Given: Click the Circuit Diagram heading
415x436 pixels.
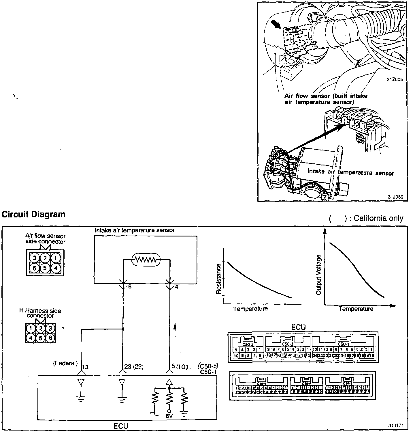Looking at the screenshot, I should point(34,215).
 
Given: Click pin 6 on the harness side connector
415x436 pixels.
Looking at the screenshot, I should point(50,337).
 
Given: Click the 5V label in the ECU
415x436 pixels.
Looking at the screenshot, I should point(169,417).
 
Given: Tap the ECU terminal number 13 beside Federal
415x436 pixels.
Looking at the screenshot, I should point(85,367).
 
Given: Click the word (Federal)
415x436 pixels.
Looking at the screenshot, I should point(65,363).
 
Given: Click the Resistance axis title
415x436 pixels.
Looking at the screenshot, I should point(219,279).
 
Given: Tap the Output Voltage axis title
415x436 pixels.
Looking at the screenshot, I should point(318,275).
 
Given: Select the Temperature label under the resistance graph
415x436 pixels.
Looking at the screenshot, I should point(250,309).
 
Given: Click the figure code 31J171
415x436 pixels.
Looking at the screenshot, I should point(395,425).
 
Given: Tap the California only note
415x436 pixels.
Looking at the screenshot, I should point(366,219).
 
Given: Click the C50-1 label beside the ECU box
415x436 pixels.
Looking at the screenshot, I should point(208,372).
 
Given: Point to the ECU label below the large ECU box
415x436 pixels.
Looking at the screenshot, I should point(121,426).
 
